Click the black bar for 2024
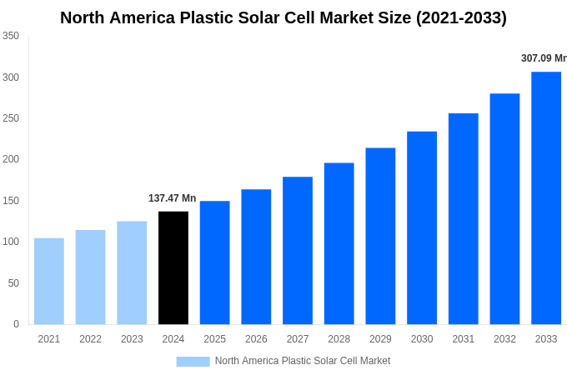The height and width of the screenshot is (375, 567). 173,267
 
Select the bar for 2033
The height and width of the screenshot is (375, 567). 546,198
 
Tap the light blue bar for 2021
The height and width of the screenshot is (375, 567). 49,281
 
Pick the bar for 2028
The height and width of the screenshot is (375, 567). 339,243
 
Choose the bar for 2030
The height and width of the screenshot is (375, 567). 422,227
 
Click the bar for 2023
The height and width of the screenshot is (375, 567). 132,272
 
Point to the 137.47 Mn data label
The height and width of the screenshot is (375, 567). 173,198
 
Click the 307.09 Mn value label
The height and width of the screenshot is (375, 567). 544,58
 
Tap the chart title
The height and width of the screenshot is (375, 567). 283,17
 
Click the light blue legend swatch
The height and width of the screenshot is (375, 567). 193,361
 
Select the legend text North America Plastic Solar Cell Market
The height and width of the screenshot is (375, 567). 303,361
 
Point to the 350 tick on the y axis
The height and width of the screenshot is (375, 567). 11,36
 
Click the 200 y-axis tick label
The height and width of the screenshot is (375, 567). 11,159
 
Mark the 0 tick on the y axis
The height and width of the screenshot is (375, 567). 16,324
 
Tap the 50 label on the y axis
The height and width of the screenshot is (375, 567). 13,283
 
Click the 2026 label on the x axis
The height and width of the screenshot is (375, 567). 256,339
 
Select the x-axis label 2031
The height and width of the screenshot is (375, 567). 463,339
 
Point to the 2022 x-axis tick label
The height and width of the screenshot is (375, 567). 90,339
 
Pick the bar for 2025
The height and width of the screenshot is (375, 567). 214,262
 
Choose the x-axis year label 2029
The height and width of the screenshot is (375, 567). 380,339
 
